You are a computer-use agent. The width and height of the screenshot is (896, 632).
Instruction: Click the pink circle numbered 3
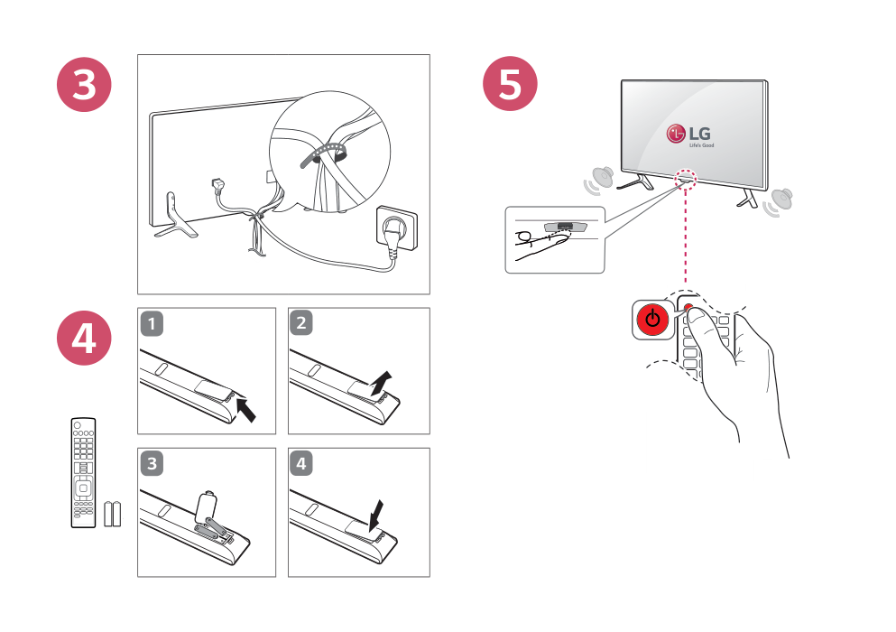coord(84,85)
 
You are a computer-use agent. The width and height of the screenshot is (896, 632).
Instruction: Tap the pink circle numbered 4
coord(84,339)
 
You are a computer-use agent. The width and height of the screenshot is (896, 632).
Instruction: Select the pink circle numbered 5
coord(511,85)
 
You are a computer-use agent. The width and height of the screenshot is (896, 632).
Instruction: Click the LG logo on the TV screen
coord(689,135)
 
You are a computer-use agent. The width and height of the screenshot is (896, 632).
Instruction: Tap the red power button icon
coord(652,321)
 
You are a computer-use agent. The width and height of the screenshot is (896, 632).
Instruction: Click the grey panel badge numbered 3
coord(154,463)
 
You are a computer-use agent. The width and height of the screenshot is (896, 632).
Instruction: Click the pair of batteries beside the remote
coord(112,514)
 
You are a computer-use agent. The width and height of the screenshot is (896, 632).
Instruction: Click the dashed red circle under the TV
coord(686,178)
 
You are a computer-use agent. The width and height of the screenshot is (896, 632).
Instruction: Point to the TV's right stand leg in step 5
coord(746,198)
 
